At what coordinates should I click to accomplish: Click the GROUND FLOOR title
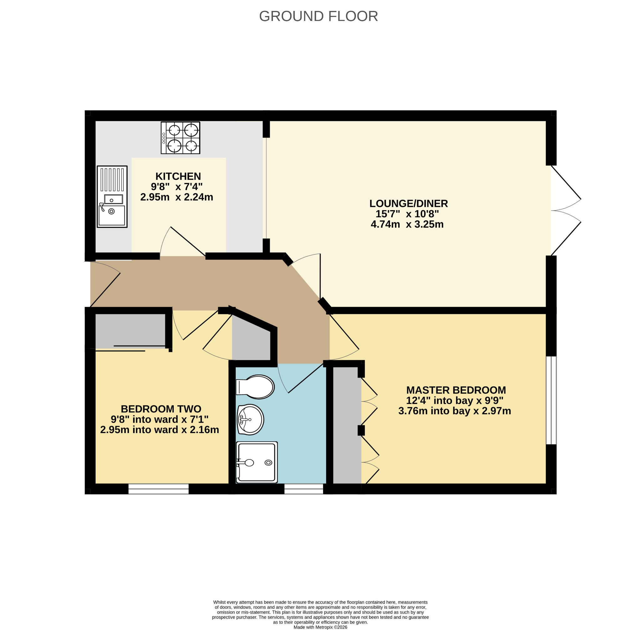click(x=318, y=16)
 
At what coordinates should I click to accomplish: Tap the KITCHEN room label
click(x=178, y=176)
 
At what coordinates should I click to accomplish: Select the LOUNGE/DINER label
click(x=408, y=204)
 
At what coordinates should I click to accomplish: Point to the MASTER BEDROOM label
click(x=456, y=390)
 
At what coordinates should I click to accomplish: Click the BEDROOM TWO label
click(x=161, y=409)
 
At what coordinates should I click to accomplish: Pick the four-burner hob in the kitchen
click(x=181, y=138)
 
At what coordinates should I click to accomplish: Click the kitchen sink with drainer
click(x=112, y=197)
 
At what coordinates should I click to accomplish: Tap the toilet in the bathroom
click(x=255, y=387)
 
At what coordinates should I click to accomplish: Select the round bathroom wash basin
click(x=250, y=420)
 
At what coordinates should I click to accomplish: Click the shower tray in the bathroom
click(x=257, y=462)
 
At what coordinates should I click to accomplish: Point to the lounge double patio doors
click(x=566, y=210)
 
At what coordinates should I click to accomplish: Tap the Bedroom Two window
click(x=158, y=489)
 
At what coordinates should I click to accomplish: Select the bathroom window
click(x=303, y=489)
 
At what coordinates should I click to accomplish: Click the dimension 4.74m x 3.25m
click(x=407, y=224)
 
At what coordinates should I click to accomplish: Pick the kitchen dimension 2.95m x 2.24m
click(x=177, y=197)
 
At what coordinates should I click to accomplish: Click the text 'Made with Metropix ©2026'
click(x=320, y=627)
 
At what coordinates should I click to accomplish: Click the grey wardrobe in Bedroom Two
click(x=130, y=330)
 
